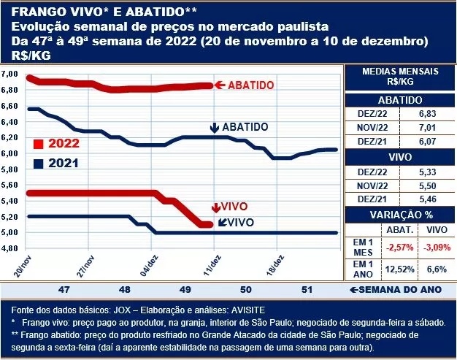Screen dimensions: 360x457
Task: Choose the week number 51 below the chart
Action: coord(307,289)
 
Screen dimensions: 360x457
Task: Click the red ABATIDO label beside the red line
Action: coord(251,85)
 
